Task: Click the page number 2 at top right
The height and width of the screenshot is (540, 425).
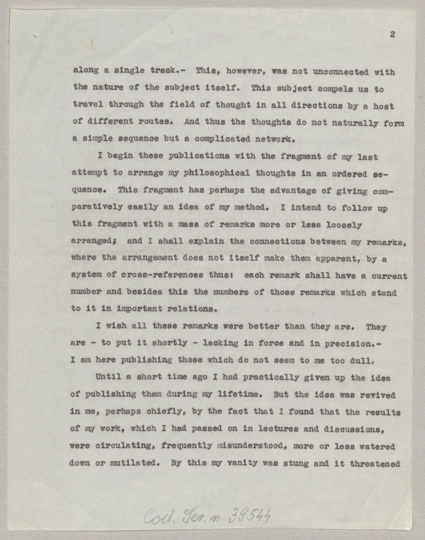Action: coord(393,34)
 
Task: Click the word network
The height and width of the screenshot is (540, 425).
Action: coord(275,139)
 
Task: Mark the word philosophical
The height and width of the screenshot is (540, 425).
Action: coord(216,173)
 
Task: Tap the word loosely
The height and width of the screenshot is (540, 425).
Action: coord(344,225)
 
